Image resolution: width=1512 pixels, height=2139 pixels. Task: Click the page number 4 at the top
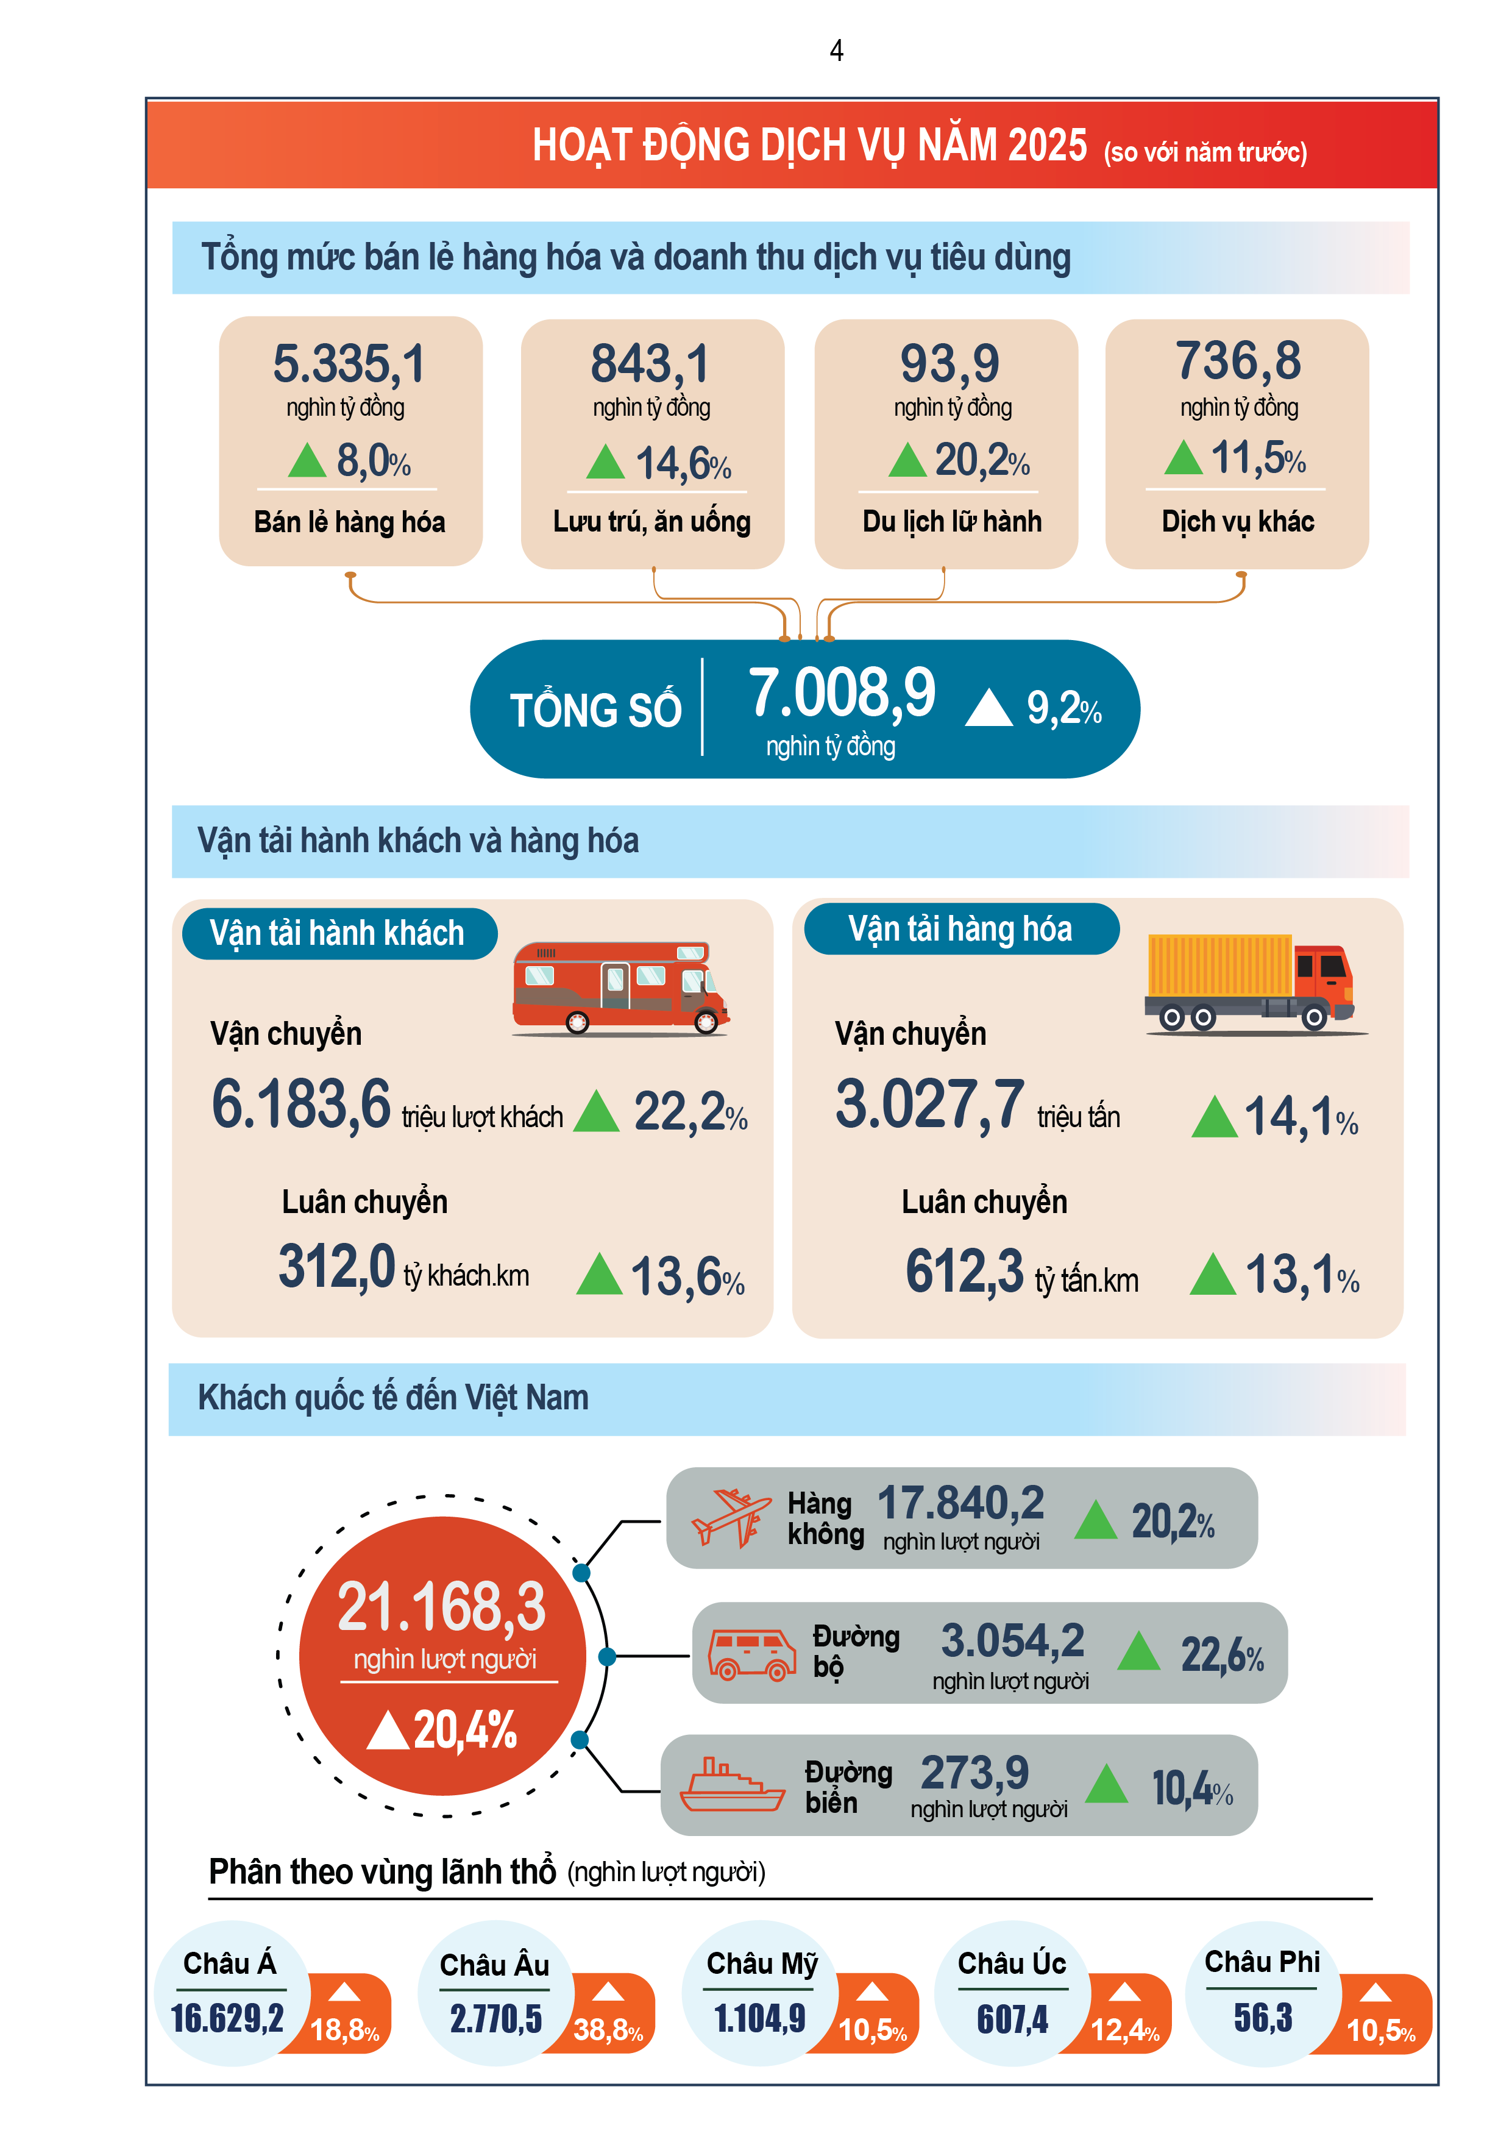[x=837, y=51]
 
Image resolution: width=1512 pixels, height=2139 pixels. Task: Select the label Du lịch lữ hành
[x=951, y=522]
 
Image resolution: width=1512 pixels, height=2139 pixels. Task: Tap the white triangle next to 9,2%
[x=988, y=708]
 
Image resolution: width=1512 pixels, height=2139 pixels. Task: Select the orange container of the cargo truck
[x=1218, y=965]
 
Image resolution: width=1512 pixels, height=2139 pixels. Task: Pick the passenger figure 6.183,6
[x=301, y=1105]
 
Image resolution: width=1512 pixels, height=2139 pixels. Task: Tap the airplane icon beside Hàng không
[x=730, y=1518]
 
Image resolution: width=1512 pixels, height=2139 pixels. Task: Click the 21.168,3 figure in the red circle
[x=442, y=1608]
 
